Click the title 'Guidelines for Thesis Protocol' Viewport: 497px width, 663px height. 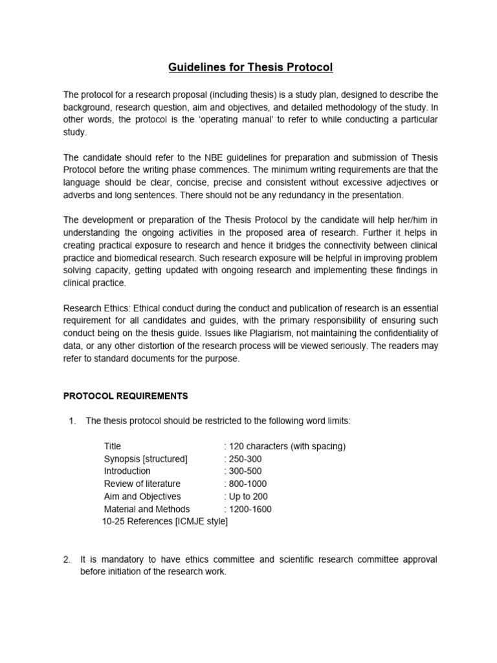point(250,67)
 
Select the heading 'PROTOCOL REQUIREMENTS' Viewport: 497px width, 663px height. point(126,396)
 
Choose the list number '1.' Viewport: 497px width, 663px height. point(72,421)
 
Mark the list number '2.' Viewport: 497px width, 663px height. point(67,559)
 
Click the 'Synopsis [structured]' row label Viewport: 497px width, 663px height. point(146,459)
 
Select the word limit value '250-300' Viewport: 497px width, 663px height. point(245,459)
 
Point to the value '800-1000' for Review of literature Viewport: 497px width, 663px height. point(247,484)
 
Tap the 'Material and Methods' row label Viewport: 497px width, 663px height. point(147,509)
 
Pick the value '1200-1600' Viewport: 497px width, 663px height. point(250,509)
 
